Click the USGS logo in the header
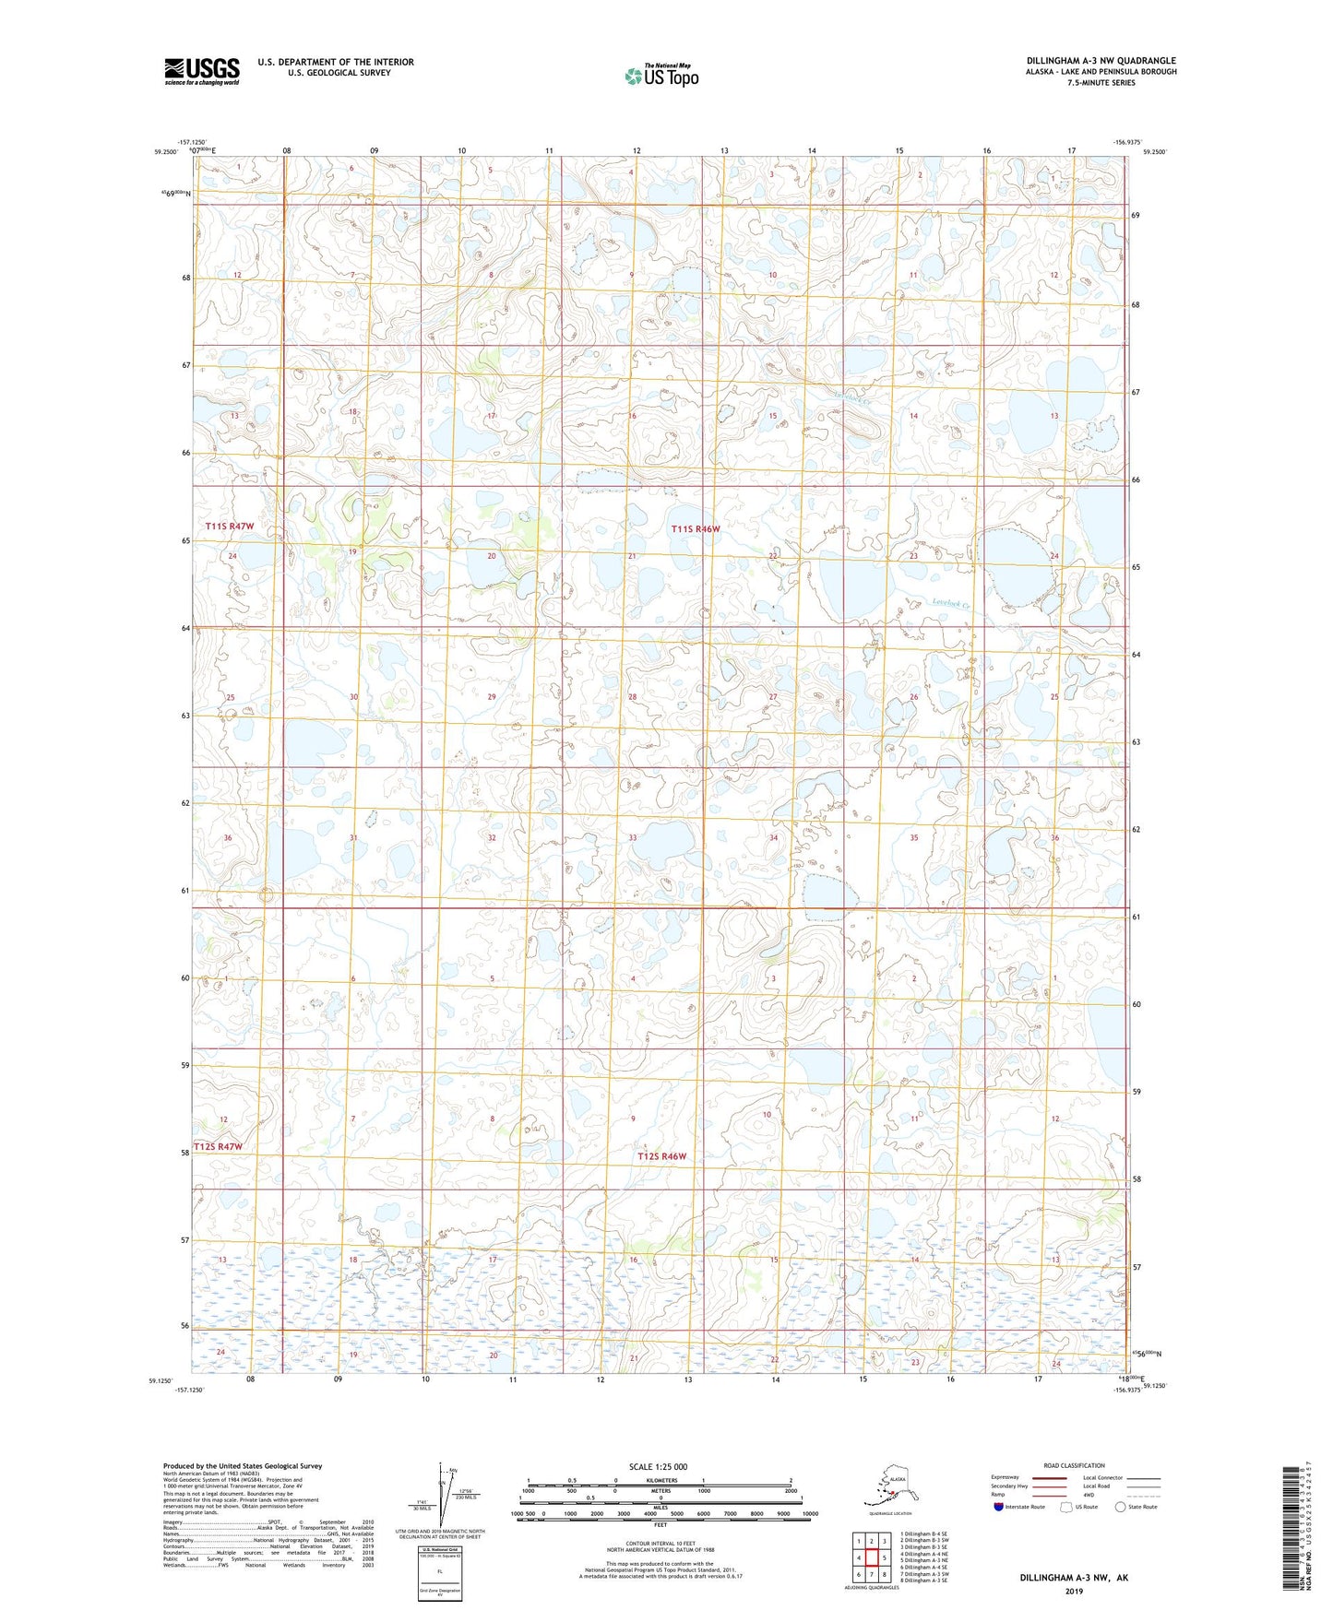(202, 71)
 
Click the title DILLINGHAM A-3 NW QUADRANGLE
(1101, 61)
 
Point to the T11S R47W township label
(230, 526)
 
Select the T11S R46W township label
(695, 529)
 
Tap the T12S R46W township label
(662, 1156)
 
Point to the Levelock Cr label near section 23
(951, 604)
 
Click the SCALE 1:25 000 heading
(659, 1466)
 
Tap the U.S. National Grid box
(439, 1575)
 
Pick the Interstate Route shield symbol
(998, 1507)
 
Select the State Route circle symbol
(1120, 1507)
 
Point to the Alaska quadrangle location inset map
(888, 1484)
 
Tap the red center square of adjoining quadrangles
(871, 1557)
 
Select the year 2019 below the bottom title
(1074, 1592)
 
